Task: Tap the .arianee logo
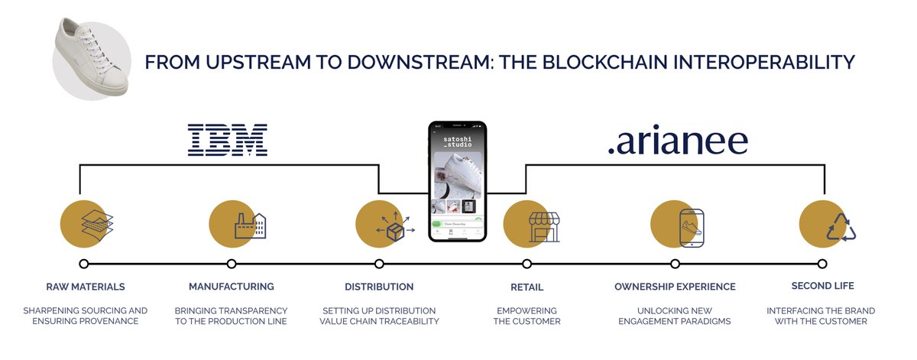[677, 141]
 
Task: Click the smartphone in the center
[457, 181]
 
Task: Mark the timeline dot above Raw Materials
[84, 264]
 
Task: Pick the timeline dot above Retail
[527, 264]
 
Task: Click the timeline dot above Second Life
[821, 264]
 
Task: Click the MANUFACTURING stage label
[232, 287]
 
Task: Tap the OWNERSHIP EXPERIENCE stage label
[675, 287]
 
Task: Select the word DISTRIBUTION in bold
[379, 287]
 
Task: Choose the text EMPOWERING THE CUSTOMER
[527, 316]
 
